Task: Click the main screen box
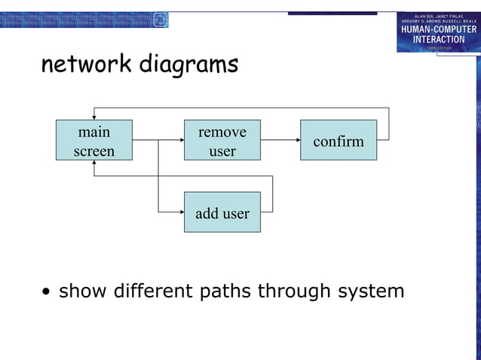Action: [93, 140]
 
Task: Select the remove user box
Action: [222, 140]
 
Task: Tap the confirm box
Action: [338, 140]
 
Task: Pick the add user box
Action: [222, 212]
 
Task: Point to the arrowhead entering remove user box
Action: [181, 140]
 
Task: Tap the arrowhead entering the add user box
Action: [181, 212]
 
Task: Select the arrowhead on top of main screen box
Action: [93, 116]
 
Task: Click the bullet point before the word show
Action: [47, 292]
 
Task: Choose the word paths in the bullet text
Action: [225, 291]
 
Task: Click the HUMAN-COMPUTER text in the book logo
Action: [439, 29]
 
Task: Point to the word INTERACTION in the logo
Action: [439, 39]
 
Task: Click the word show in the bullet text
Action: [83, 291]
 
